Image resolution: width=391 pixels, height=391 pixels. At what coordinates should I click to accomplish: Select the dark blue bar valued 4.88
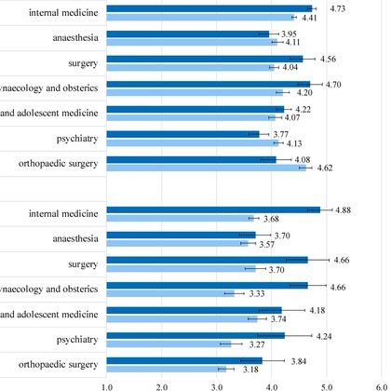coord(213,210)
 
